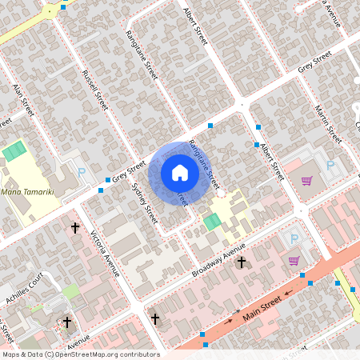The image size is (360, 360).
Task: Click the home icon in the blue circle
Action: pyautogui.click(x=180, y=172)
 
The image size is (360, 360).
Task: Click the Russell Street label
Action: pyautogui.click(x=95, y=90)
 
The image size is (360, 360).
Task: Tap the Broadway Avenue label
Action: pyautogui.click(x=218, y=262)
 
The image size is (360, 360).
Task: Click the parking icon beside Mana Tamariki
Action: pyautogui.click(x=81, y=171)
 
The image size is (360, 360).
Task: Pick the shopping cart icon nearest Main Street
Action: pyautogui.click(x=294, y=260)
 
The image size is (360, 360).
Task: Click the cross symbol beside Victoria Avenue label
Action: pyautogui.click(x=75, y=228)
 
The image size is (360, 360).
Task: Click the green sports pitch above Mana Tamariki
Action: pyautogui.click(x=14, y=150)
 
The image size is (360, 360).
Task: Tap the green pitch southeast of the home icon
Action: pyautogui.click(x=212, y=222)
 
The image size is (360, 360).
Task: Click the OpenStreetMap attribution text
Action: pyautogui.click(x=80, y=354)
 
